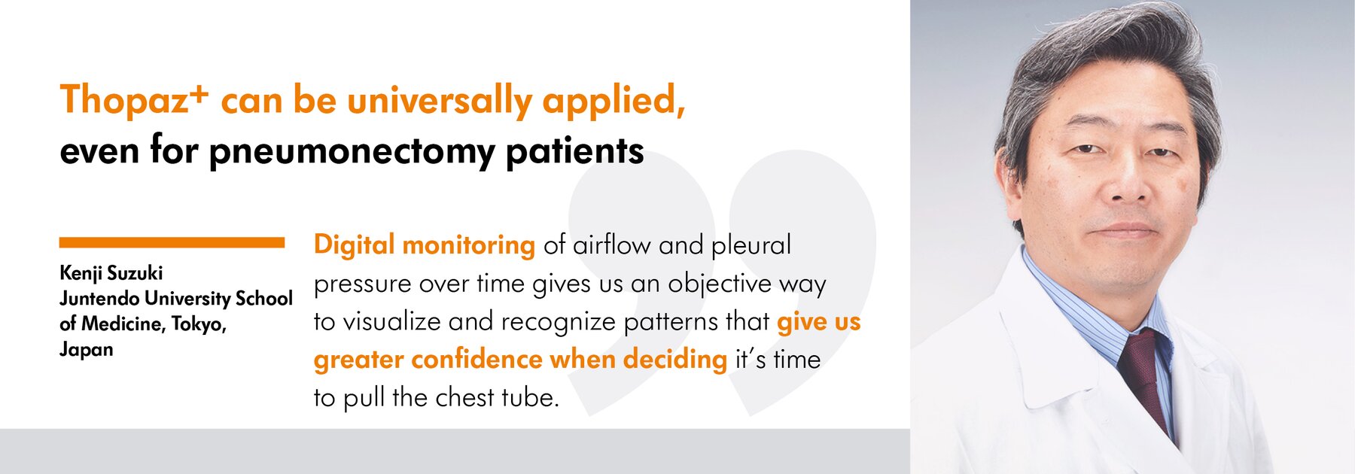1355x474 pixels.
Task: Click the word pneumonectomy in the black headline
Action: click(x=352, y=152)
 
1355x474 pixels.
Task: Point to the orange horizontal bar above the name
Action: click(x=172, y=242)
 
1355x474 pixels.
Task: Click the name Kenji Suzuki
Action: click(x=111, y=273)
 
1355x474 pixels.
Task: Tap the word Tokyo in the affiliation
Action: click(x=199, y=324)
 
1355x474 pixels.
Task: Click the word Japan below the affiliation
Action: click(x=87, y=350)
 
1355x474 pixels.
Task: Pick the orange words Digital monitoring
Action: click(x=425, y=245)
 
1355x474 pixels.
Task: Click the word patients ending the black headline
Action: click(x=575, y=152)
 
